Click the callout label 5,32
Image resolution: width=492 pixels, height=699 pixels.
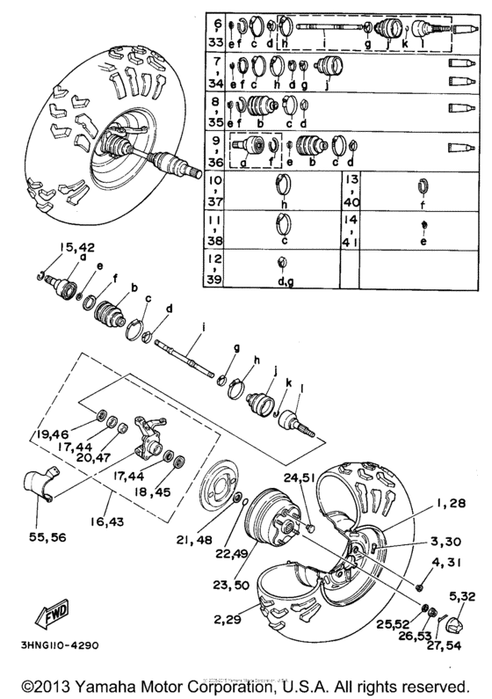[x=462, y=597]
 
